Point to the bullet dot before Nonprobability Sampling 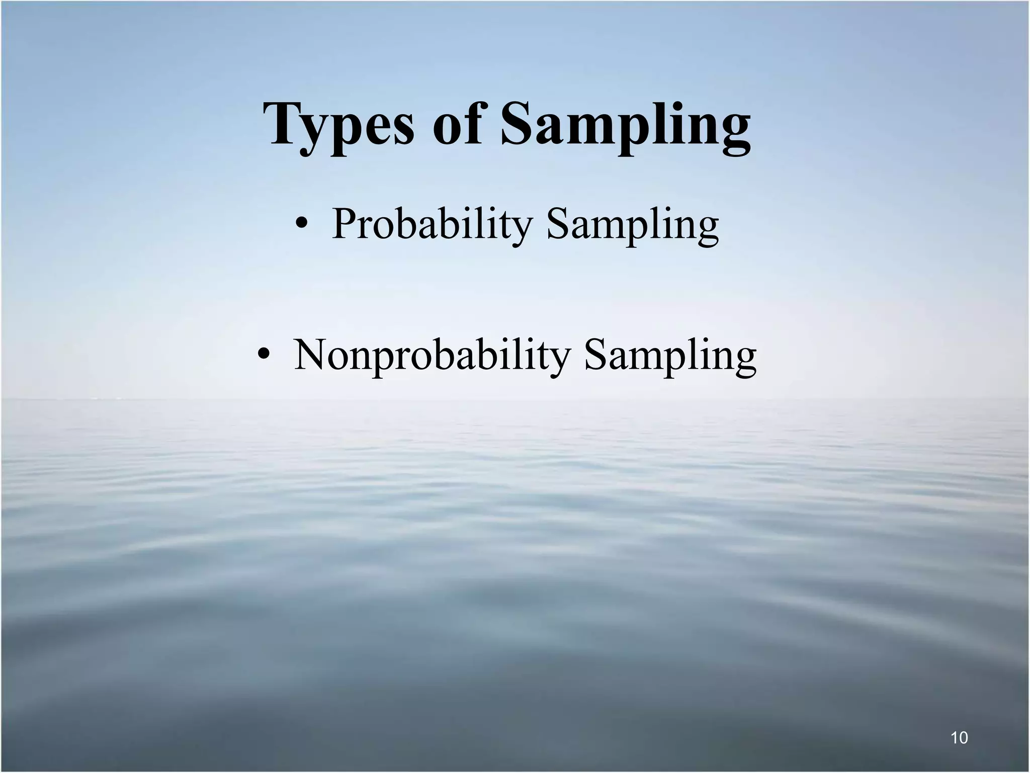pyautogui.click(x=263, y=355)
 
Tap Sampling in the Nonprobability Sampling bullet pyautogui.click(x=670, y=356)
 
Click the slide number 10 pyautogui.click(x=959, y=738)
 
